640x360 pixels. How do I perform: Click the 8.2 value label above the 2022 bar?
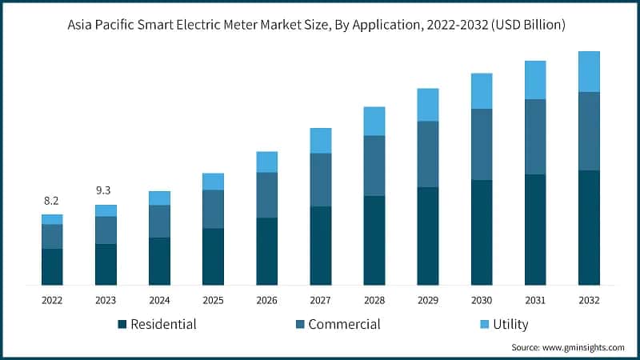(x=52, y=201)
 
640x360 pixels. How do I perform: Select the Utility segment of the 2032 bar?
(x=589, y=72)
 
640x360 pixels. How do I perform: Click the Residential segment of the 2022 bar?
(x=52, y=266)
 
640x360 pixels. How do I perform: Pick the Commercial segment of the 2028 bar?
(x=374, y=166)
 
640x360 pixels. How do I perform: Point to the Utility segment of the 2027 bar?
(x=320, y=140)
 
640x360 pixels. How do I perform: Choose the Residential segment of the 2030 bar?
(x=481, y=232)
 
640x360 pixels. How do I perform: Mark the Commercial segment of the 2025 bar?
(x=213, y=209)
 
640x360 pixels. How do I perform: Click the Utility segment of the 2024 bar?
(x=159, y=198)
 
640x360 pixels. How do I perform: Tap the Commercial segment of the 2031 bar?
(x=534, y=137)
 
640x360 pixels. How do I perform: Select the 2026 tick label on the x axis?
(x=266, y=300)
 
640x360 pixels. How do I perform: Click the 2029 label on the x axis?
(x=427, y=300)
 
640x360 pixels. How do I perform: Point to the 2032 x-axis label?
(x=589, y=300)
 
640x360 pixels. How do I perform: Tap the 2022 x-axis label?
(x=52, y=300)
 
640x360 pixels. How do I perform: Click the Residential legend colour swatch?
(x=122, y=325)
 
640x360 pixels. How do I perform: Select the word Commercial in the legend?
(x=344, y=324)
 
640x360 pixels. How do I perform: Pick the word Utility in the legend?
(x=510, y=324)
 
